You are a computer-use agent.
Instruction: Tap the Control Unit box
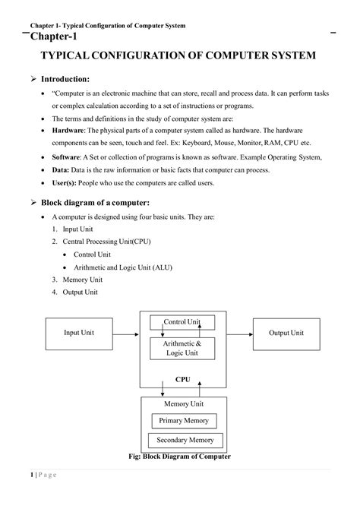(x=182, y=322)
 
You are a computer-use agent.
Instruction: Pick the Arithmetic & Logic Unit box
(x=182, y=348)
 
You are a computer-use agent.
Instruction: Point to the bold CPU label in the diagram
(x=182, y=378)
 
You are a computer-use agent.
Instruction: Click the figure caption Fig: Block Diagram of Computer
(x=181, y=457)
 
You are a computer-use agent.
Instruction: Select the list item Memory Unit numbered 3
(x=78, y=279)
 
